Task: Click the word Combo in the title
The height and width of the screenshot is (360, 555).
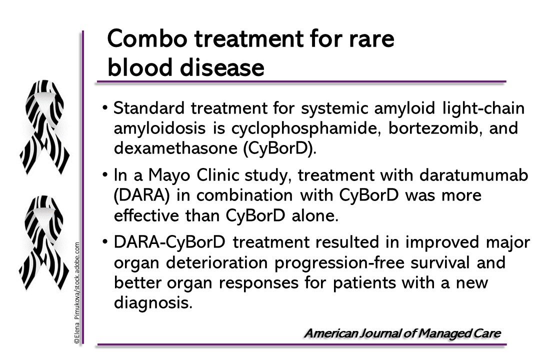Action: coord(147,38)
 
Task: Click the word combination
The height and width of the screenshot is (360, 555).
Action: coord(244,195)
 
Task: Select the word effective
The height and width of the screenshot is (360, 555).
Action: coord(146,215)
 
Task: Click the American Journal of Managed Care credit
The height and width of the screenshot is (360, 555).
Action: coord(402,333)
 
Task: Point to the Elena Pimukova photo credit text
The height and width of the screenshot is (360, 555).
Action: coord(77,293)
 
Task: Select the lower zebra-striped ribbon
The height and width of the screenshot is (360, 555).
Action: coord(43,242)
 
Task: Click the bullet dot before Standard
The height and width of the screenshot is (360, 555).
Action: coord(105,107)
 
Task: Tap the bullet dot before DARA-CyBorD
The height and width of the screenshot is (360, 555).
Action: coord(105,241)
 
